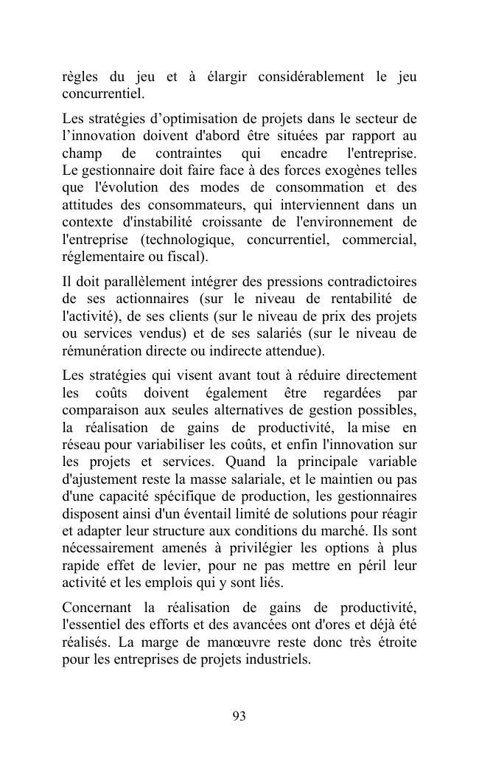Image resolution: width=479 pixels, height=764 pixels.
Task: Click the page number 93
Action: point(239,716)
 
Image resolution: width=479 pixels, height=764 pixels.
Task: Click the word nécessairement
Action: point(109,548)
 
